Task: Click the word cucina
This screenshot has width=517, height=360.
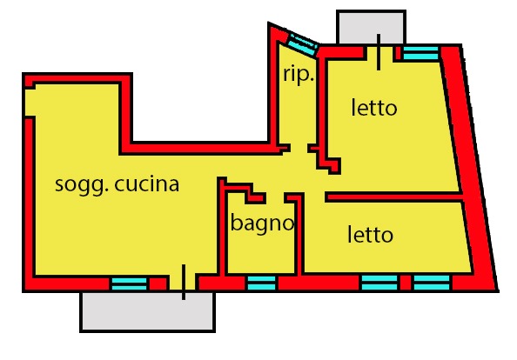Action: tap(147, 184)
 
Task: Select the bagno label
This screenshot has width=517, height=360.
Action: tap(262, 223)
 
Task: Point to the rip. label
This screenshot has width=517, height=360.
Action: tap(298, 75)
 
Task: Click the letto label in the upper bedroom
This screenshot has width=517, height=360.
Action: tap(374, 107)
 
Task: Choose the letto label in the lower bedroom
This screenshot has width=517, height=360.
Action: tap(370, 235)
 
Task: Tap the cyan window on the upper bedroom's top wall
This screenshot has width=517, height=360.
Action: tap(421, 53)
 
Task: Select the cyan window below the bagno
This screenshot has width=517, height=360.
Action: tap(261, 283)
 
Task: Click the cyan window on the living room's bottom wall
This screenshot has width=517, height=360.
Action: tap(129, 284)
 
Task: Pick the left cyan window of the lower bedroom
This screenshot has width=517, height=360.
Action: tap(379, 283)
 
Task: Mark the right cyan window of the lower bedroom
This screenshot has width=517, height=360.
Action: tap(432, 283)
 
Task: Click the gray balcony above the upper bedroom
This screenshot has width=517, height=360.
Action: tap(372, 27)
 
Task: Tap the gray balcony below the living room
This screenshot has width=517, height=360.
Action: tap(147, 311)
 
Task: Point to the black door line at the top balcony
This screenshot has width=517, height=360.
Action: tap(379, 52)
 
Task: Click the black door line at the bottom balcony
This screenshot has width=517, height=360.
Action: tap(184, 283)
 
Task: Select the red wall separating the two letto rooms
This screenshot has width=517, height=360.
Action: tap(393, 197)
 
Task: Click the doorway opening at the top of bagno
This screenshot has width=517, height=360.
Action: tap(275, 198)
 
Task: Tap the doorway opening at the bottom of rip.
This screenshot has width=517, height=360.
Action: tap(299, 148)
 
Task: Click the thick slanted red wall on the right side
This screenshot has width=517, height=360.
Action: tap(468, 168)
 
